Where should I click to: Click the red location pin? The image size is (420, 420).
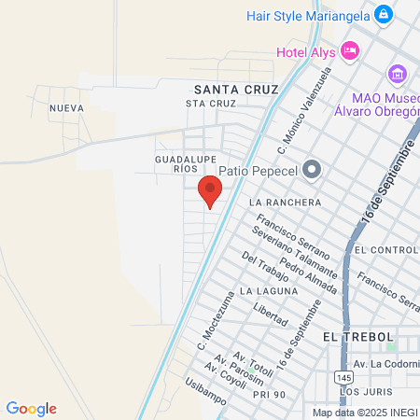point(210,191)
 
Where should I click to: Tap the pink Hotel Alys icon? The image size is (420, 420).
point(350,50)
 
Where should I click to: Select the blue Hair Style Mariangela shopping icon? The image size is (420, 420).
point(383,15)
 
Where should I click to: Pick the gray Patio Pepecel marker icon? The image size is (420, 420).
point(312,170)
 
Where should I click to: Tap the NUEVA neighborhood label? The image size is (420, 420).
point(66,108)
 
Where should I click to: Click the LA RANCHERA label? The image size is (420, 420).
point(286,203)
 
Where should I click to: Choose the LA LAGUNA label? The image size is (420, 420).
point(268,291)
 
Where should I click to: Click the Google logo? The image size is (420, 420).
point(31,408)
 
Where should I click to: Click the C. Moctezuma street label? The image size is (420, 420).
point(213,323)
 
